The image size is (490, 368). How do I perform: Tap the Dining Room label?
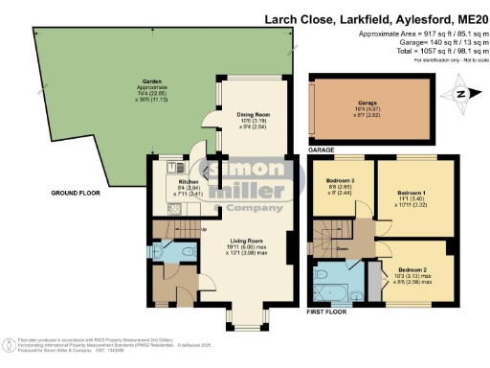[254, 114]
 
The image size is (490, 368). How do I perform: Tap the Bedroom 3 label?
[342, 180]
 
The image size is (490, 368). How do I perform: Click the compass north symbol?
[459, 93]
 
